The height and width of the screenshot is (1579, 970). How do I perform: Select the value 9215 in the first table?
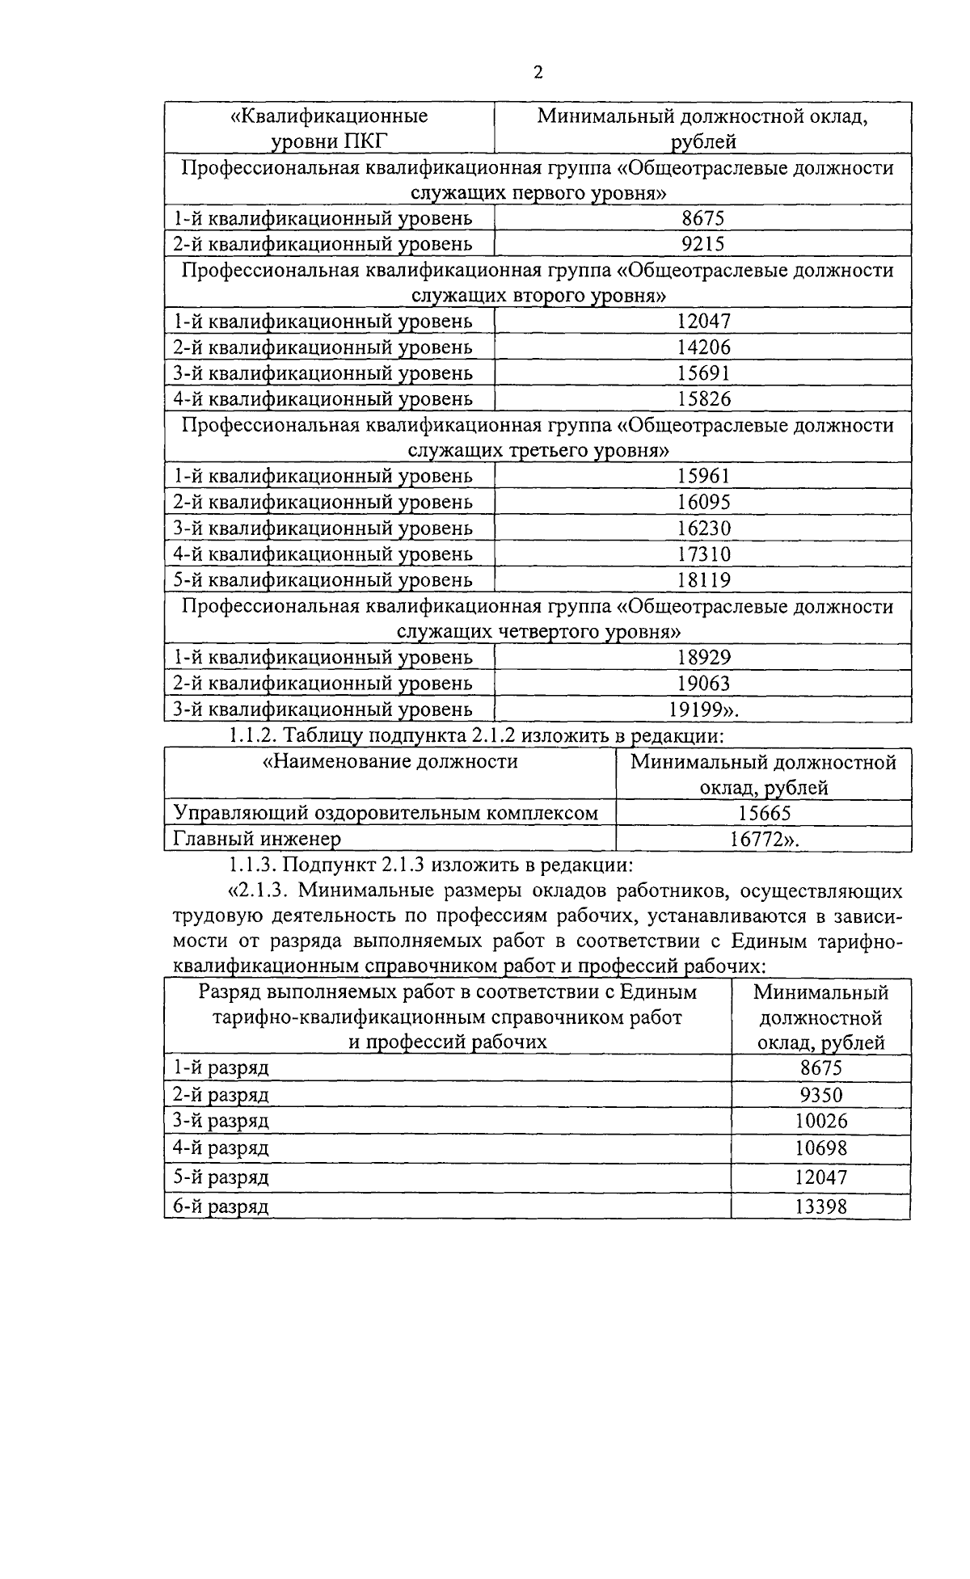(x=703, y=244)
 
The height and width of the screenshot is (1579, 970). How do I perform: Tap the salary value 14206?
(x=703, y=347)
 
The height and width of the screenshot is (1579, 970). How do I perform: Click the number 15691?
(x=703, y=373)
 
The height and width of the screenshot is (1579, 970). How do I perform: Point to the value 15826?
(x=703, y=399)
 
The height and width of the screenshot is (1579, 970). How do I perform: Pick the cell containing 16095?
(x=703, y=503)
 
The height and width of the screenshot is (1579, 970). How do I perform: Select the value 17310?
(x=703, y=554)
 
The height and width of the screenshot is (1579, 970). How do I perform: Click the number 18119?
(x=703, y=580)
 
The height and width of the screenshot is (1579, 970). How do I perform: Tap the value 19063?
(x=703, y=684)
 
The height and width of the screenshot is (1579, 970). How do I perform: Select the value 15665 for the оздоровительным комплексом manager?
(x=764, y=814)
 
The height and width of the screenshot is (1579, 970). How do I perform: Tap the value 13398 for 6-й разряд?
(x=820, y=1207)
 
